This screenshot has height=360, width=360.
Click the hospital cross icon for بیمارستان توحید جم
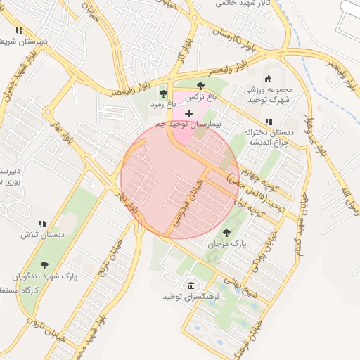188,113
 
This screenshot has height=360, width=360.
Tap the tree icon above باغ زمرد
163,93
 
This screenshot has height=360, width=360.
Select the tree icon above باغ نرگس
200,86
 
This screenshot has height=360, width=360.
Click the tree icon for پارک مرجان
226,232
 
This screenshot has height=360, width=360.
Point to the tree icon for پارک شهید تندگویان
44,265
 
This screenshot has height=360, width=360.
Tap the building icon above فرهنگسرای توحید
191,285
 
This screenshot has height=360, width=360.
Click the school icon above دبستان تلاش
42,223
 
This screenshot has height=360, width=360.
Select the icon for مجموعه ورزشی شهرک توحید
267,79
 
